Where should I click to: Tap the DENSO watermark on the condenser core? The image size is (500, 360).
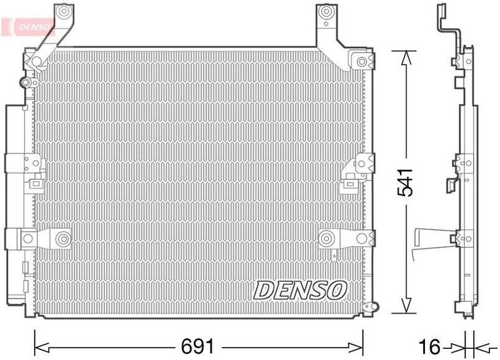point(300,289)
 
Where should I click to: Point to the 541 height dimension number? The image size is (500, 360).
point(406,181)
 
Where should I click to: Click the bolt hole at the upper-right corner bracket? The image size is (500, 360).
point(361,61)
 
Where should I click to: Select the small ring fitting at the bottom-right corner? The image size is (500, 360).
point(375,307)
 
